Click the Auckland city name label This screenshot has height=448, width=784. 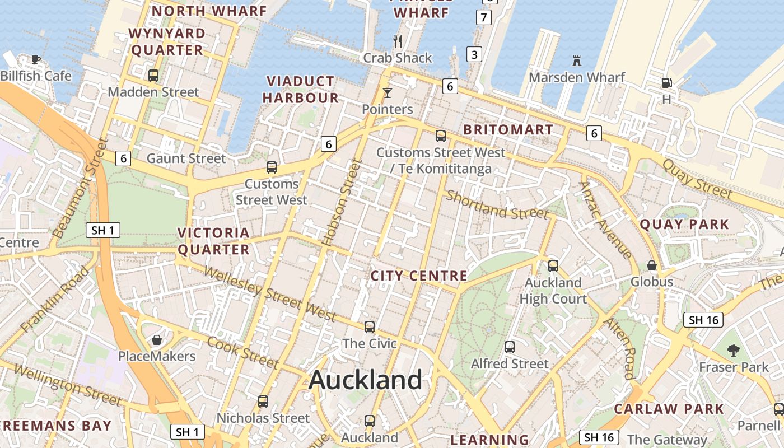coord(365,380)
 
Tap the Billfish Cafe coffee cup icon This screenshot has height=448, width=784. coord(36,59)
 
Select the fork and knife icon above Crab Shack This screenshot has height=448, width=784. coord(398,41)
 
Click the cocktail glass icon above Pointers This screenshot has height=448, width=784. coord(387,92)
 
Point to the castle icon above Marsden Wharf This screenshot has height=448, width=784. coord(576,60)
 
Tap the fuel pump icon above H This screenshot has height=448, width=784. coord(666,82)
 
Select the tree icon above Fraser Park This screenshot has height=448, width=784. coord(734,351)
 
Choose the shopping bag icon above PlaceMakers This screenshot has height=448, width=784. coord(157,340)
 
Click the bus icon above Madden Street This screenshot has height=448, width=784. coord(153,76)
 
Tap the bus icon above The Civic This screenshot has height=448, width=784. coord(369,327)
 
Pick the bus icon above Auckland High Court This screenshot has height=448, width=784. coord(553,266)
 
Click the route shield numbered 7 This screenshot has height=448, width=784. coord(484,17)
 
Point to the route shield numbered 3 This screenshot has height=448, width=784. coord(474,54)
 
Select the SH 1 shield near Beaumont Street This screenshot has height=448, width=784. coord(104,230)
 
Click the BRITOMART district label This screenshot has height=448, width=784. coord(508,130)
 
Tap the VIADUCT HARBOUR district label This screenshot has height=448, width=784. coord(301,90)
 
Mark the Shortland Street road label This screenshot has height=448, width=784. coord(497,206)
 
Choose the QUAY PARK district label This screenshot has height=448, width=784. coord(684,225)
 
